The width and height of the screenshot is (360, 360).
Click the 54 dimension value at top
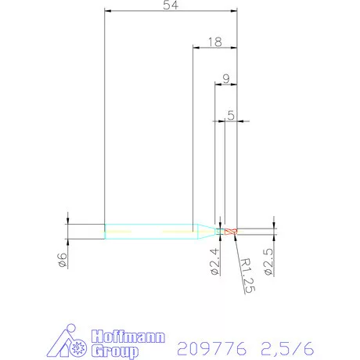tap(170, 6)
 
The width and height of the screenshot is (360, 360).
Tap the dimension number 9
tap(226, 78)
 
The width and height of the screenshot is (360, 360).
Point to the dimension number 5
tap(231, 114)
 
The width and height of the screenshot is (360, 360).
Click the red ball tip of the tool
tap(231, 231)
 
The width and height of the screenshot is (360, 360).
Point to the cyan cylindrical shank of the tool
tap(149, 231)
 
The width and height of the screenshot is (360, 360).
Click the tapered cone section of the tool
tap(205, 231)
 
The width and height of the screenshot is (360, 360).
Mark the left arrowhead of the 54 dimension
tap(110, 12)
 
